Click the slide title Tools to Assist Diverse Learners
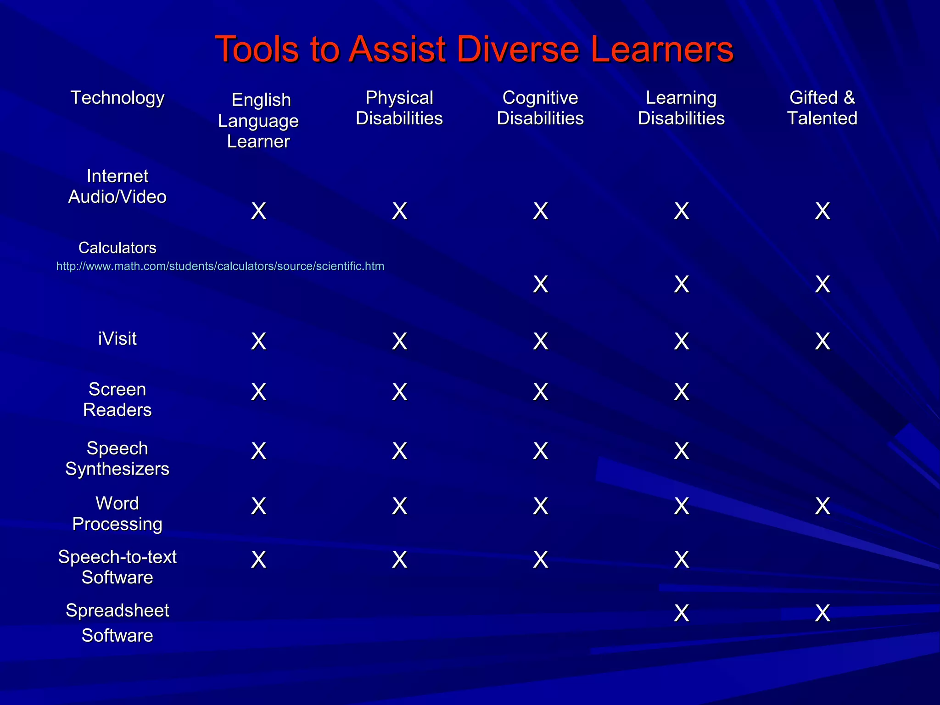point(474,49)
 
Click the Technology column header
point(117,98)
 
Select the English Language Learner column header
point(258,120)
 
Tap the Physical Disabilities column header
point(399,108)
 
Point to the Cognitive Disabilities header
point(540,108)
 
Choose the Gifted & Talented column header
point(822,108)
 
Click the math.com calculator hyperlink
point(220,266)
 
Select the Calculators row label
point(117,248)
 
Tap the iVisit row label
point(117,339)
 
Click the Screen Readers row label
point(117,399)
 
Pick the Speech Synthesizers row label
point(117,459)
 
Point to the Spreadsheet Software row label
point(117,623)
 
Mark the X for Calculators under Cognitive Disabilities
point(541,285)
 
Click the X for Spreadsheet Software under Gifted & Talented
point(822,613)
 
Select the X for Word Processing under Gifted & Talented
point(822,506)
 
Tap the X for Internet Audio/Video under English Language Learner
point(259,211)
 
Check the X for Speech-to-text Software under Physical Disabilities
point(400,560)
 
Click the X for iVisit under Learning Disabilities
point(682,341)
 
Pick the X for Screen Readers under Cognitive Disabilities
point(541,392)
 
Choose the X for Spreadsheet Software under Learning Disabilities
point(682,613)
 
